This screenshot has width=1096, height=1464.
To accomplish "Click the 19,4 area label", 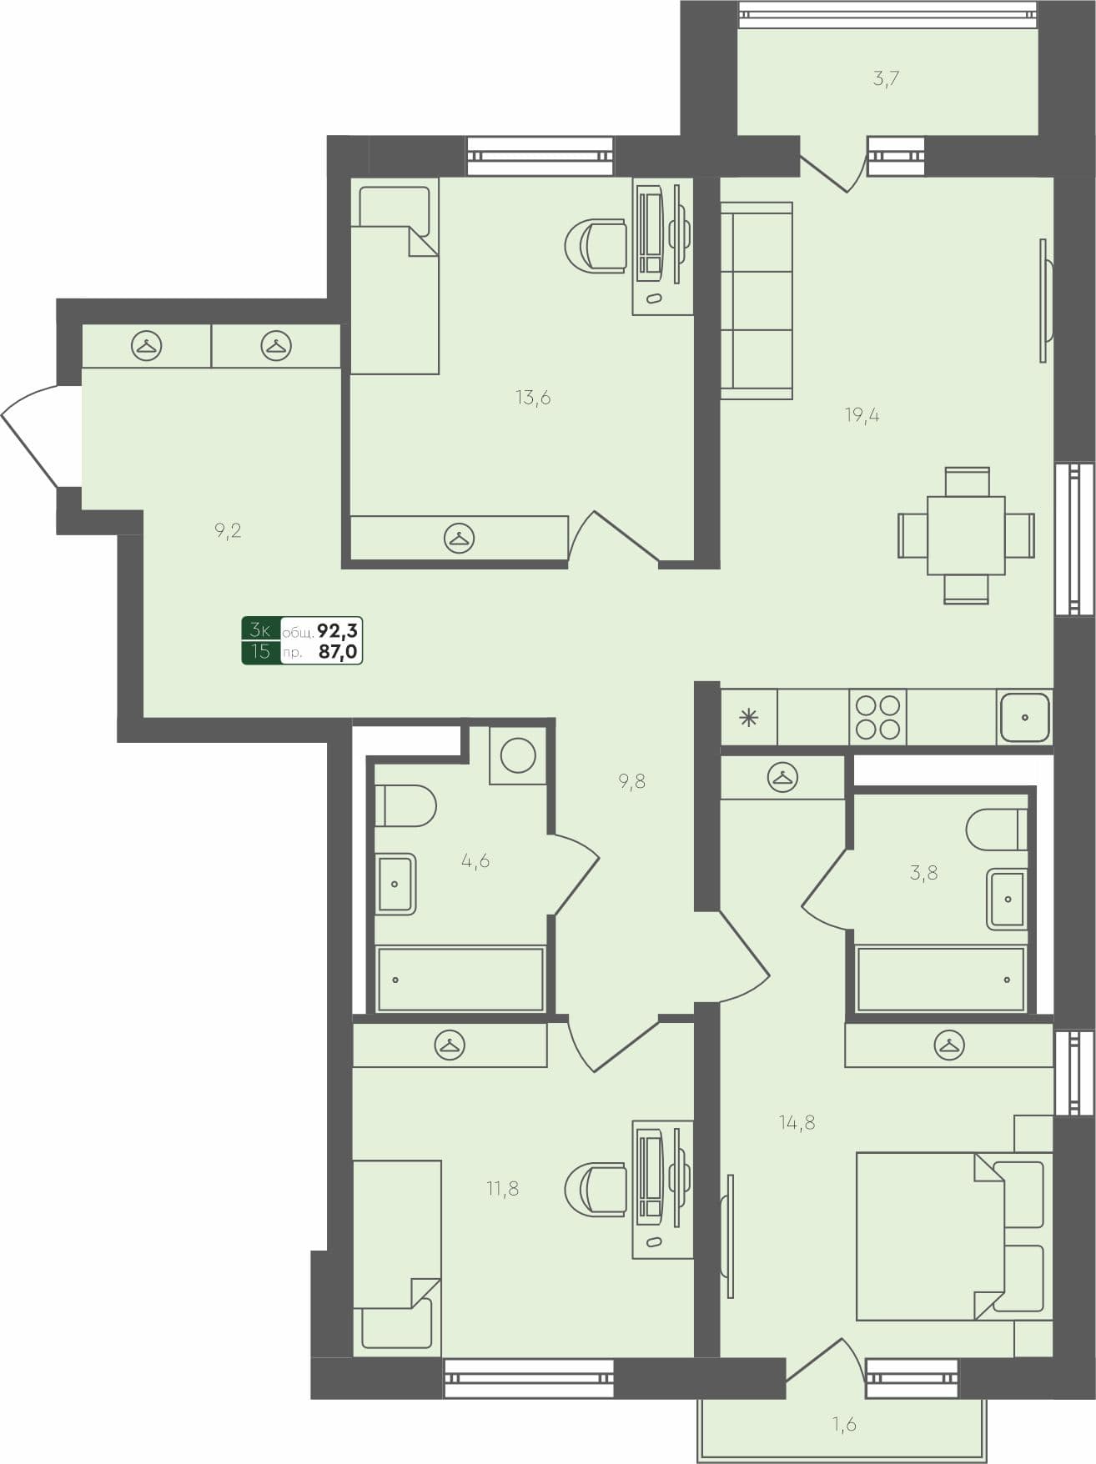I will click(x=862, y=415).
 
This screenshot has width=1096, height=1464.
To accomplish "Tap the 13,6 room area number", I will click(x=533, y=398).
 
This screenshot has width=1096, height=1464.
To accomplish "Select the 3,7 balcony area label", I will click(x=886, y=80).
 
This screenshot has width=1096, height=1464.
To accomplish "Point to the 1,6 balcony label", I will click(x=844, y=1424).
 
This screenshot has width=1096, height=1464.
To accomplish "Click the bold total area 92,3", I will click(x=338, y=630).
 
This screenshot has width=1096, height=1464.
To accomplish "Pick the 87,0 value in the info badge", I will click(x=338, y=652).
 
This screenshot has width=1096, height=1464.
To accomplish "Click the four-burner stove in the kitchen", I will click(x=877, y=717).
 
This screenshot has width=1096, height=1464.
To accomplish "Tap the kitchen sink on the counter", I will click(x=1024, y=717).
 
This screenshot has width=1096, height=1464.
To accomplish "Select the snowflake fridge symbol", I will click(x=748, y=717).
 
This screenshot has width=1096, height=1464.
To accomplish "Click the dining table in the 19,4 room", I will click(x=966, y=535).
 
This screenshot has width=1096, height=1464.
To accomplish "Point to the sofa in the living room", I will click(x=756, y=300).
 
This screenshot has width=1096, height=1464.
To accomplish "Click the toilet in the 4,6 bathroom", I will click(x=405, y=806).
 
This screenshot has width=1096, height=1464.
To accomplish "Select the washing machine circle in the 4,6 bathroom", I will click(x=518, y=755).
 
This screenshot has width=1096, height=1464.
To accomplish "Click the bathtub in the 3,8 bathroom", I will click(x=940, y=980).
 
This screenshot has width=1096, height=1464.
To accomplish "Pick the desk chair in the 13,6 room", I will click(x=596, y=245).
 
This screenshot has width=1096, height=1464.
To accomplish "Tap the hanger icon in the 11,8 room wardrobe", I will click(x=450, y=1045).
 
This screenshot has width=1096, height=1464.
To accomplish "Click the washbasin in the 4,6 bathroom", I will click(x=395, y=884).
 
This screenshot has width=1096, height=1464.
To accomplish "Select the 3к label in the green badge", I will click(x=260, y=629).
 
